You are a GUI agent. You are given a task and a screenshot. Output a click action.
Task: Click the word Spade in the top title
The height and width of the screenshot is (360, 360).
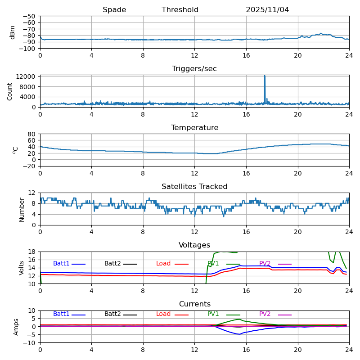pos(114,10)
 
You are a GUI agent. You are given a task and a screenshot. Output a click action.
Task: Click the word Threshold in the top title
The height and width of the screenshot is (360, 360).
pos(180,10)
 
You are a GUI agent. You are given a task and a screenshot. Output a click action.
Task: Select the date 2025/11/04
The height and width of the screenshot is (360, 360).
pos(267,10)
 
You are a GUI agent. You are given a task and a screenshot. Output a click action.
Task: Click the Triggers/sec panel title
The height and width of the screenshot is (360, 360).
pos(194,69)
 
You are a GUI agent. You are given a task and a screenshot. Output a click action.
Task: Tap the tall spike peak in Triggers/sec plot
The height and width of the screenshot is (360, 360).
pos(265,76)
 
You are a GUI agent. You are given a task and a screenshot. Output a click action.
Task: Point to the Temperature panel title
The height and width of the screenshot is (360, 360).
pos(194,128)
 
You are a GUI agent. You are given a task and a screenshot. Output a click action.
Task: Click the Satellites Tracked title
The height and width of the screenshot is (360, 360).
pos(194,187)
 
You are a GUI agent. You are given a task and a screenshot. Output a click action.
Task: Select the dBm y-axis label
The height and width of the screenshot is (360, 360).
pos(13,32)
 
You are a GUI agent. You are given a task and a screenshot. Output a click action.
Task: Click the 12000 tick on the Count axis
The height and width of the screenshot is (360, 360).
pos(27,76)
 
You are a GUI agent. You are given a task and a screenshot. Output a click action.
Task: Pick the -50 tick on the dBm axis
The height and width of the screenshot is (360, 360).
pos(29,16)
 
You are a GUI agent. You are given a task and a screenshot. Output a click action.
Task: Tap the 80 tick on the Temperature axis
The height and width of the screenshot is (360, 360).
pos(32,134)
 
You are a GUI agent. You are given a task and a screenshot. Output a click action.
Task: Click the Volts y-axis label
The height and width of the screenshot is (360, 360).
pos(22,268)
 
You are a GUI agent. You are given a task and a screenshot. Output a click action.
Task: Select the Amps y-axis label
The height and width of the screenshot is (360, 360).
pos(16,327)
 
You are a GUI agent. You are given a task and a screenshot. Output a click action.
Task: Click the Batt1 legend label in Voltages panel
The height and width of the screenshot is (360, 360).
pos(61,264)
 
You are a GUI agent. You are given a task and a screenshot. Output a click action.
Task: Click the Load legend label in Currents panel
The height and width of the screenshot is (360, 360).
pos(163,314)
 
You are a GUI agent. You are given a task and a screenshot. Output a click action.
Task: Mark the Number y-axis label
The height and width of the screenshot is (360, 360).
pos(22,209)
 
